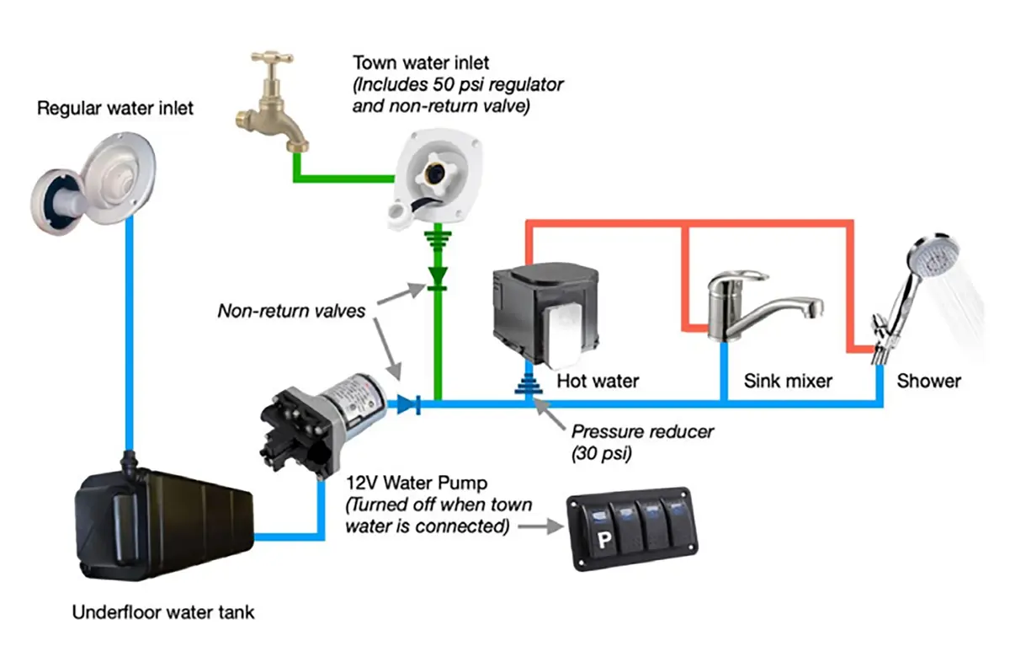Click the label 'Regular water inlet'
tap(115, 108)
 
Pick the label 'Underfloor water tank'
tap(163, 612)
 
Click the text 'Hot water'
tap(598, 381)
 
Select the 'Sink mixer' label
tap(788, 381)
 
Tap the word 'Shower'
tap(928, 381)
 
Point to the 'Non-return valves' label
tap(291, 310)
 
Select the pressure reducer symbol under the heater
tap(529, 387)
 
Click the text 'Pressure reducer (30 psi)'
tap(642, 441)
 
